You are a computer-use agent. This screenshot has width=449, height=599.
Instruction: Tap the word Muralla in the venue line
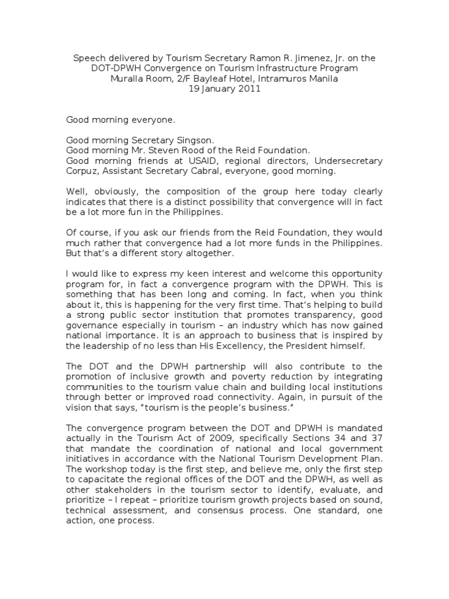tap(128, 79)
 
